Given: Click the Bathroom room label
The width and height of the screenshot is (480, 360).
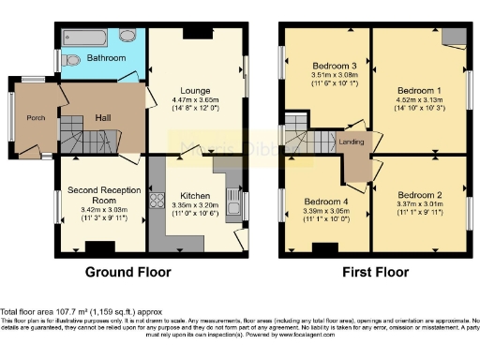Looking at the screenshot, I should click(106, 58).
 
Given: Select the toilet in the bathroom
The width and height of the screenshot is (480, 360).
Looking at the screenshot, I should click(127, 37).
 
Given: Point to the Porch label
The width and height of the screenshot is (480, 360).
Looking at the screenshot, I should click(37, 117).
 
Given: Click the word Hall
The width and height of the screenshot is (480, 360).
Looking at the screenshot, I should click(103, 118).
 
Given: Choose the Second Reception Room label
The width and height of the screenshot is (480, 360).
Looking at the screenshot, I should click(97, 195).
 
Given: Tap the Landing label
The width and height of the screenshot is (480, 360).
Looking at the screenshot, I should click(352, 142).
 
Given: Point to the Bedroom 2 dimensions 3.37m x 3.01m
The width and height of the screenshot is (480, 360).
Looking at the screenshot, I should click(420, 211).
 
